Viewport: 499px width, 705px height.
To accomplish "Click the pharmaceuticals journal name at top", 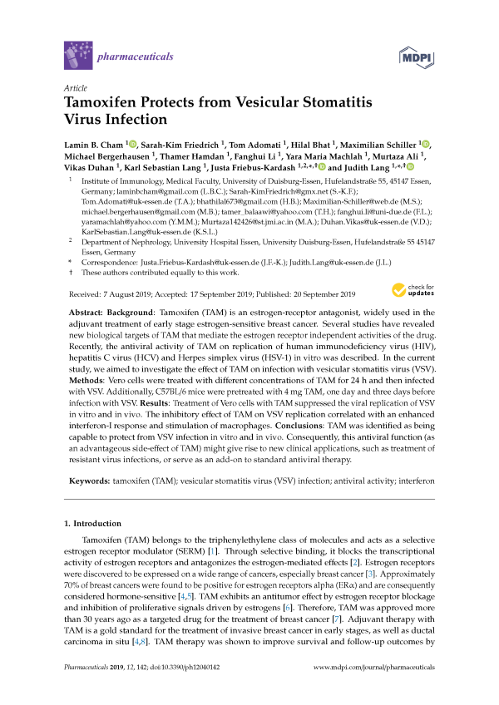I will coord(136,57).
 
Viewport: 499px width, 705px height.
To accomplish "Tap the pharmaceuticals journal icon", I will coord(77,57).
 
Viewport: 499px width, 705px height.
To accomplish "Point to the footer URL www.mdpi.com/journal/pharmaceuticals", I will coord(378,668).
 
